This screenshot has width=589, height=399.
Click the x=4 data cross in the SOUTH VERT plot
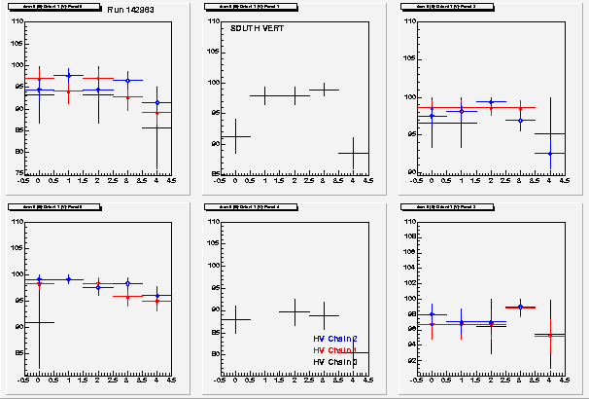pos(353,153)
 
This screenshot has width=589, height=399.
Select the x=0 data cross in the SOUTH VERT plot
pos(236,136)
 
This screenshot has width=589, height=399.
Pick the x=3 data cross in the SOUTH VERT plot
pos(324,90)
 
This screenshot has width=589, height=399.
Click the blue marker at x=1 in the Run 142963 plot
pos(68,75)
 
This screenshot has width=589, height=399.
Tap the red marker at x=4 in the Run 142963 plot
pos(156,113)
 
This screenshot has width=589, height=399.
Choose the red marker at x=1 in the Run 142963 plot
pos(68,91)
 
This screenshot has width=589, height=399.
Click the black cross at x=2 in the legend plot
pos(294,311)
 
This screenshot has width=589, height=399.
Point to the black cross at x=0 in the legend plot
pos(236,319)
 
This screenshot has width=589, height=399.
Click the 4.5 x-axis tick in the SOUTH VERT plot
pos(368,182)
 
